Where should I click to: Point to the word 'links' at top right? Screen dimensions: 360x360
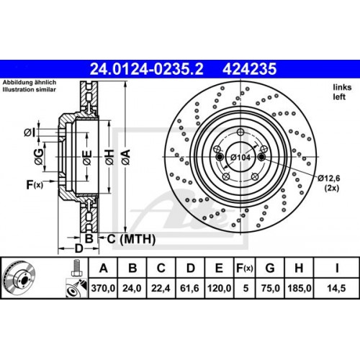click(340, 86)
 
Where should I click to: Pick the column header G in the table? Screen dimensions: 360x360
click(269, 269)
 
